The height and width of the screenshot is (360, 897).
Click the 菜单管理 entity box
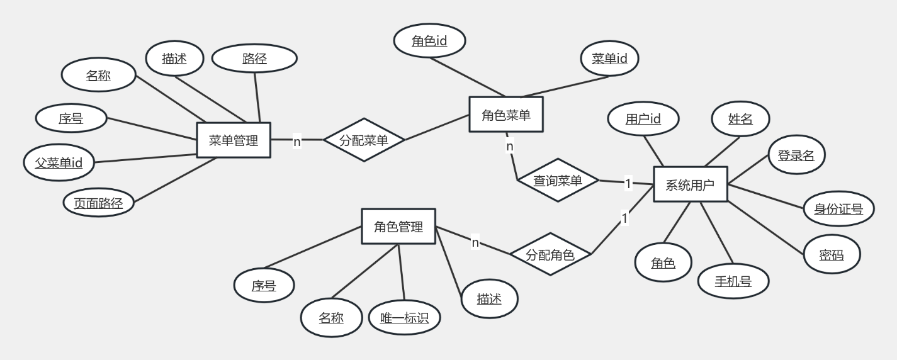tap(234, 140)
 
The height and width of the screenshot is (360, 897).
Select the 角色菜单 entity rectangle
tap(506, 115)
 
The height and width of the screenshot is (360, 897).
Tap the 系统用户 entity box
tap(691, 184)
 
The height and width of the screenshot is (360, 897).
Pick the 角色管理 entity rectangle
tap(398, 227)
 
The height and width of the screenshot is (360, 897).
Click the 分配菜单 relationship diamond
tap(363, 140)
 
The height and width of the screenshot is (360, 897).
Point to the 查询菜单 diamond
tap(558, 181)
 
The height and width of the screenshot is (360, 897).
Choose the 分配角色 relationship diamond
tap(550, 255)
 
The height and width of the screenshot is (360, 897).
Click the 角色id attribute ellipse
tap(430, 42)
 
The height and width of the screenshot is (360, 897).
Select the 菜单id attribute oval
tap(609, 59)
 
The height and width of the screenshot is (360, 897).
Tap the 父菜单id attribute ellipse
tap(59, 163)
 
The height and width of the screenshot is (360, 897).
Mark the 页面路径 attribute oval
tap(99, 203)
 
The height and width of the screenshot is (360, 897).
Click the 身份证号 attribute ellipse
tap(838, 208)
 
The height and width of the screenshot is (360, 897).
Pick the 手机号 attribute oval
tap(733, 281)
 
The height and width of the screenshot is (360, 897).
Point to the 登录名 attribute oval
tap(796, 155)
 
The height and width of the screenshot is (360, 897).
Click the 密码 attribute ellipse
tap(832, 255)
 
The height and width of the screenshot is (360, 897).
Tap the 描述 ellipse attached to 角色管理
tap(489, 299)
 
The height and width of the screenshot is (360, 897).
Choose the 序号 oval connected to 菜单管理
tap(71, 118)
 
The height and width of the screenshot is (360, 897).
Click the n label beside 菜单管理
tap(297, 142)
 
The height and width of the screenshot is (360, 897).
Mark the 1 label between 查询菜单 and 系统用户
tap(628, 184)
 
